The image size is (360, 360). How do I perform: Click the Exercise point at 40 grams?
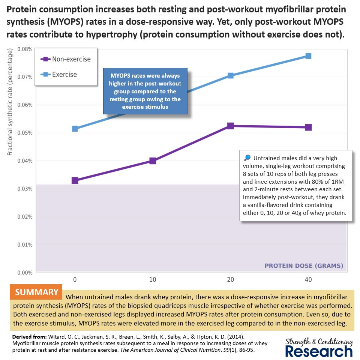(308, 56)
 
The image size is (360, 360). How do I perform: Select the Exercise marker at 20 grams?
(231, 75)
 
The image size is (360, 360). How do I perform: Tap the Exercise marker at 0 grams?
(75, 129)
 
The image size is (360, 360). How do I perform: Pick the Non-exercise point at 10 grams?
(153, 161)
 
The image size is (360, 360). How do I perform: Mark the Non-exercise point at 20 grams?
(231, 126)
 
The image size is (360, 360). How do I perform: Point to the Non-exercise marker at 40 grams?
(308, 127)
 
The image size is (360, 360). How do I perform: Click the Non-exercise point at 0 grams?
(75, 180)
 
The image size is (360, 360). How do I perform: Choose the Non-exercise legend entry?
(66, 59)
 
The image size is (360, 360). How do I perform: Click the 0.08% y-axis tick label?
(24, 49)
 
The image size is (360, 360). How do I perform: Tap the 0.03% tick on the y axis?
(24, 189)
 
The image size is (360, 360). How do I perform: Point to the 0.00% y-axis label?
(24, 273)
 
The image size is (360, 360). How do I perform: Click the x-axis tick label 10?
(153, 280)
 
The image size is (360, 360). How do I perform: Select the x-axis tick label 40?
(308, 280)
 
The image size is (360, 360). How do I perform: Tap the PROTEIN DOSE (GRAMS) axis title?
(304, 266)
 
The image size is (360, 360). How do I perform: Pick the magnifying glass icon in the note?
(246, 158)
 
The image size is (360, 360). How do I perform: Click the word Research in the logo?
(319, 351)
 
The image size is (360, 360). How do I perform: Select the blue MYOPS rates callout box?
(145, 91)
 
